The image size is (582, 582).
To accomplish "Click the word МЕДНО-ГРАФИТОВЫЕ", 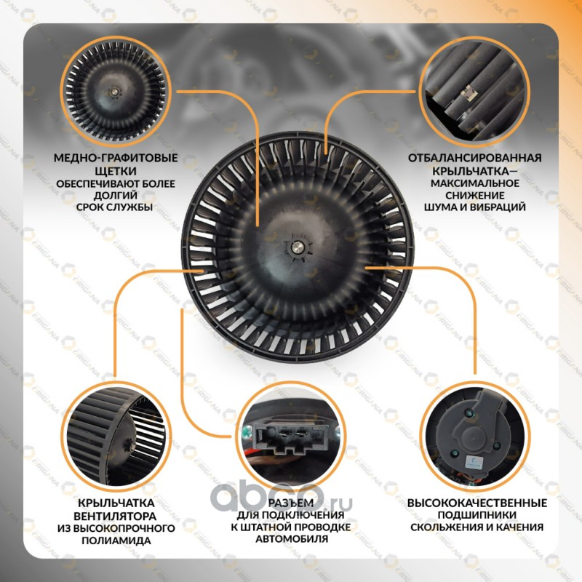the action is click(113, 158).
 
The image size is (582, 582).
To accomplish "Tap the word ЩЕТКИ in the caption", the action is click(114, 171).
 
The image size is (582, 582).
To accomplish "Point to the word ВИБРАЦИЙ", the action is click(501, 207).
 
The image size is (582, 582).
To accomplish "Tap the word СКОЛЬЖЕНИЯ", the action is click(446, 527).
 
